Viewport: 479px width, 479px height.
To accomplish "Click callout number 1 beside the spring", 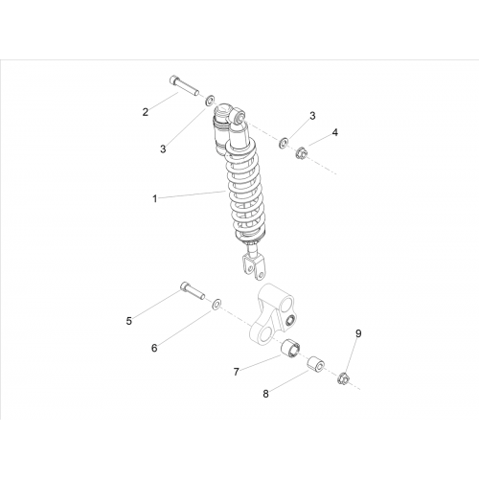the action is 155,199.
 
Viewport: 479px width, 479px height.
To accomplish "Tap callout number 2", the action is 146,112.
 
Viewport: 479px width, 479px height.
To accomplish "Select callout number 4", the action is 334,132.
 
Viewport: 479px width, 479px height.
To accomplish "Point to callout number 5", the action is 129,321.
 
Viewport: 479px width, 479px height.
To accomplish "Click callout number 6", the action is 154,348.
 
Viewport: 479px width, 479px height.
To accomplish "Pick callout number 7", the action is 237,372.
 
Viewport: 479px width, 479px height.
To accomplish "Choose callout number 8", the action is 266,394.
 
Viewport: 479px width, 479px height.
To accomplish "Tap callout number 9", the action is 358,333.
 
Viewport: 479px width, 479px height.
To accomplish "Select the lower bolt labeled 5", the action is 193,290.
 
